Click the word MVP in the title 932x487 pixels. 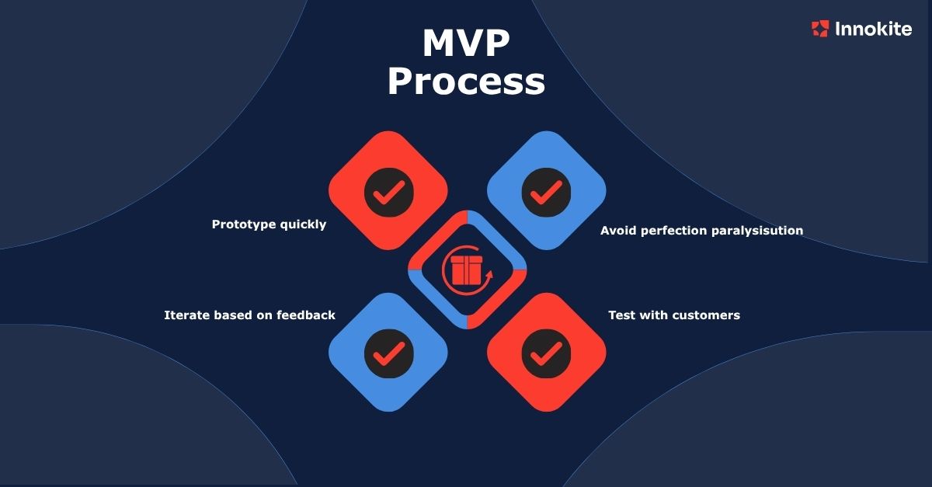pos(466,45)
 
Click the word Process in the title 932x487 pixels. pos(466,82)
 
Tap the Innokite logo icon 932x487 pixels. pos(819,30)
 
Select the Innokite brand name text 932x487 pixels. pos(873,30)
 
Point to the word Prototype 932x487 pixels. pos(242,224)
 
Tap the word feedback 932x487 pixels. pos(306,315)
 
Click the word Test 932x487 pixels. pos(621,315)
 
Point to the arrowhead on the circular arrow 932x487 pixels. pos(489,274)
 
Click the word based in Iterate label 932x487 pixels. pos(232,315)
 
